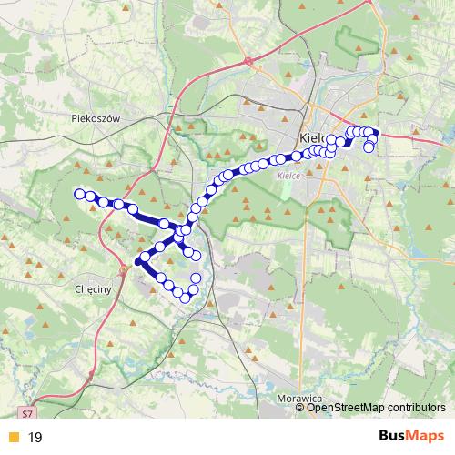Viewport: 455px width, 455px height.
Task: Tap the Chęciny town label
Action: coord(90,287)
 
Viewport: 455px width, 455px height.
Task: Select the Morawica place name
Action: coord(300,398)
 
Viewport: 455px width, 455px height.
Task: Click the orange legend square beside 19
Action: coord(12,438)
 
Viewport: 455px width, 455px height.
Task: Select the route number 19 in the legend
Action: coord(35,438)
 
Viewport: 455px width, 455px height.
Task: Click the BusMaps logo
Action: coord(411,437)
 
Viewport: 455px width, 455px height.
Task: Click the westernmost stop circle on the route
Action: coord(79,193)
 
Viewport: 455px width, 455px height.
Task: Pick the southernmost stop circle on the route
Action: coord(185,298)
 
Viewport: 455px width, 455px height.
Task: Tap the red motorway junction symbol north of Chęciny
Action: coord(123,268)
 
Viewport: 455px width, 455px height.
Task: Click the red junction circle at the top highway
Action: coord(248,61)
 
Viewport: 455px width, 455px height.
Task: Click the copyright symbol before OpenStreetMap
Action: coord(300,407)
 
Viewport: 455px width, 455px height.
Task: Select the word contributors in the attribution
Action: coord(415,407)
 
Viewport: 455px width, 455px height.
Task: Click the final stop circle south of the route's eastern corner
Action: coord(369,147)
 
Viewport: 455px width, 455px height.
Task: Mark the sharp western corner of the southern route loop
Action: coord(139,262)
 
